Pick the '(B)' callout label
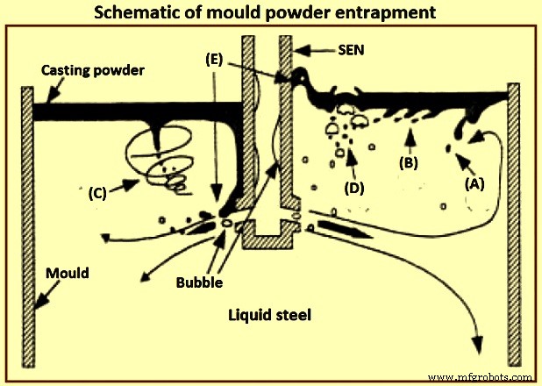point(408,162)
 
